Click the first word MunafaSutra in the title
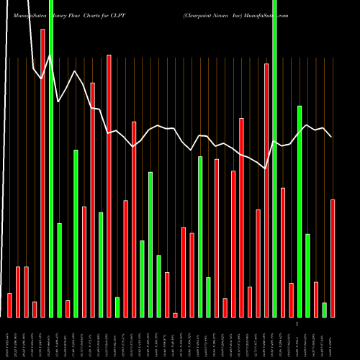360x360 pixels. click(28, 14)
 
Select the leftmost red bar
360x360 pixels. click(9, 305)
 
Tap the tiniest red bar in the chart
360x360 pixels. click(175, 315)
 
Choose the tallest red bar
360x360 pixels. click(42, 173)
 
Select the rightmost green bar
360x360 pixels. click(324, 310)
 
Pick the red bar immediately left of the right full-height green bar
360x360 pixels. click(266, 190)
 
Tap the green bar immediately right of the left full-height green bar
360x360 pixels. click(59, 270)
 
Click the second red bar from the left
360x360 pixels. click(18, 292)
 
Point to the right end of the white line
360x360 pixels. click(331, 136)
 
